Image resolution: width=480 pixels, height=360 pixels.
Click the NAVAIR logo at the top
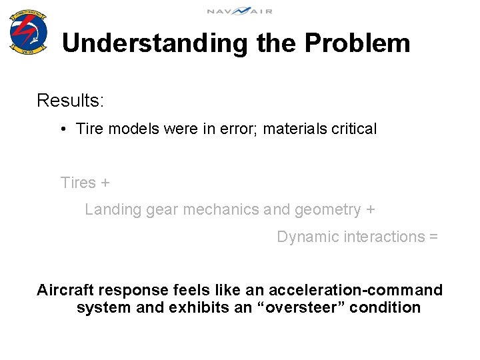point(239,11)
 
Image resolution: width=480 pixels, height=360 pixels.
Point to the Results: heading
point(70,101)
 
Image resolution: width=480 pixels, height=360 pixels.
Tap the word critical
point(353,129)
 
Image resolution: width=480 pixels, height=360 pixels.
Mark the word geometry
point(327,210)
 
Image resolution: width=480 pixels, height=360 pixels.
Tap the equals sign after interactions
point(433,237)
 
